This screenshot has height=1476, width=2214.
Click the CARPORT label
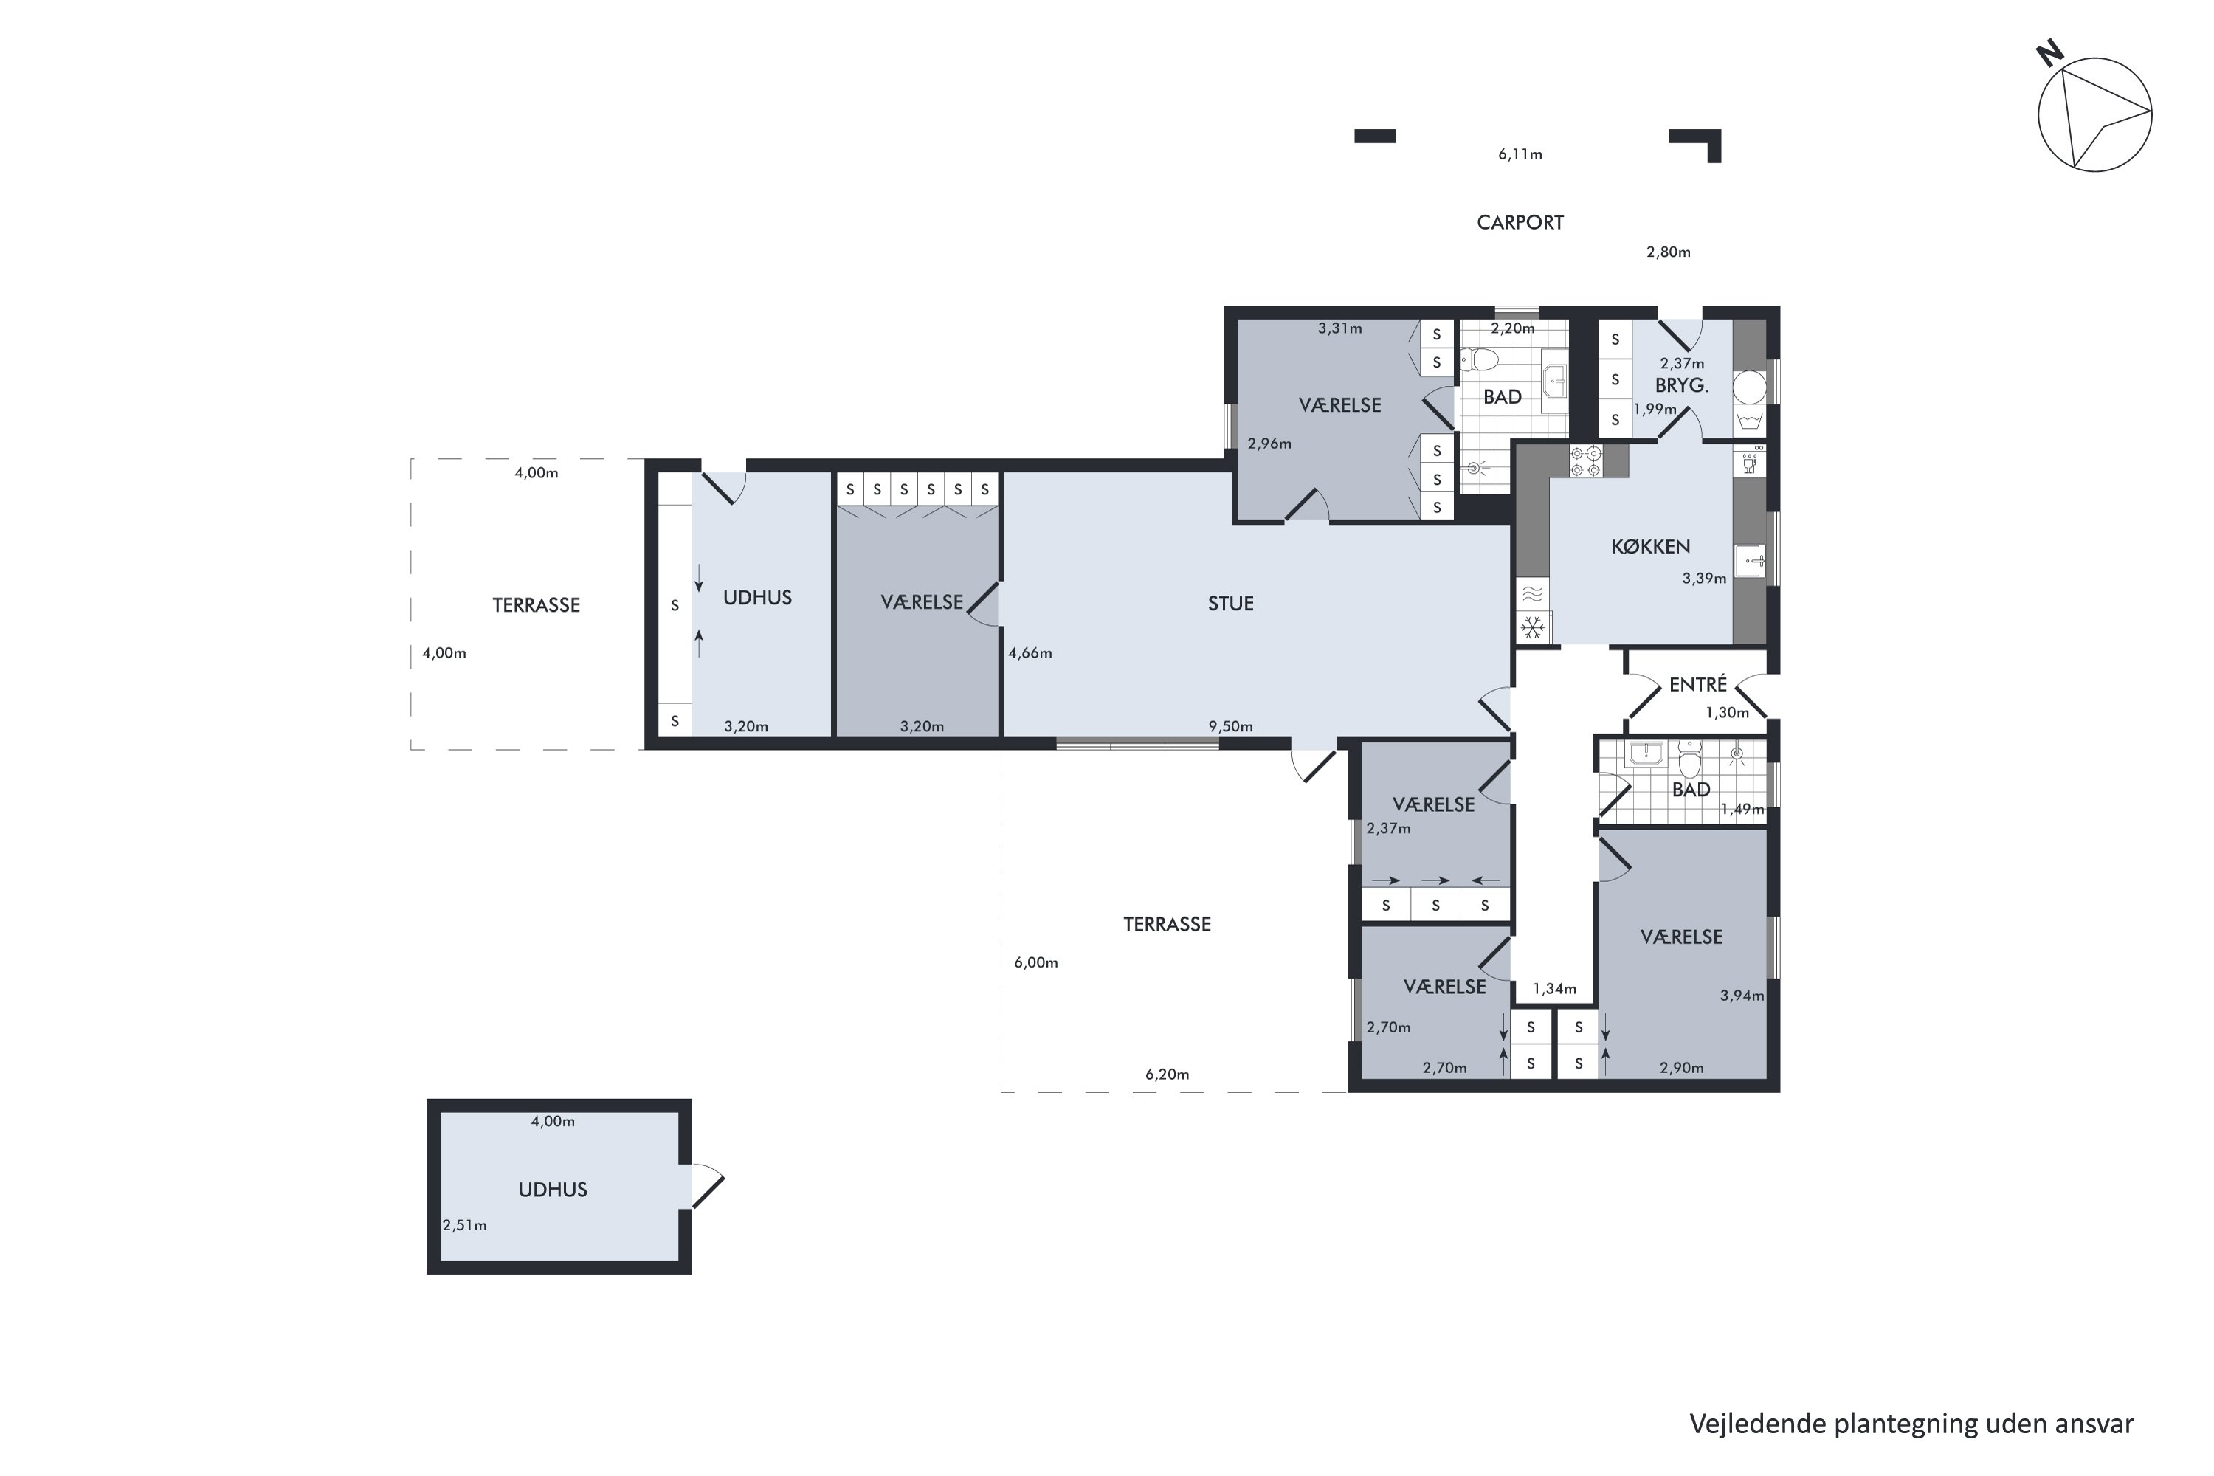(1520, 223)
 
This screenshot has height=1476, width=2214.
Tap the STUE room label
(1230, 604)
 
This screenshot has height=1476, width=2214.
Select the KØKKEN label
(1650, 546)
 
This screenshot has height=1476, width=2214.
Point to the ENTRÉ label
(1697, 684)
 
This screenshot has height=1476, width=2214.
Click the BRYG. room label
(1681, 385)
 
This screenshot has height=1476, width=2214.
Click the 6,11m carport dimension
(1520, 154)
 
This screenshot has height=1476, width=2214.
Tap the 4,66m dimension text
(1030, 653)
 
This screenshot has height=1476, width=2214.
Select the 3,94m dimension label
(1742, 995)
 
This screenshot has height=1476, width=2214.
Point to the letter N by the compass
(2049, 55)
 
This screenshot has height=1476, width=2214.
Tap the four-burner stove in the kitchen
(1585, 461)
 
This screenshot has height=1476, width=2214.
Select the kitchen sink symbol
(1750, 561)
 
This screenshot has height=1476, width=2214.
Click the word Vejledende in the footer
(1756, 1424)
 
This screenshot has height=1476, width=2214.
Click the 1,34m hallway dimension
(1554, 988)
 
